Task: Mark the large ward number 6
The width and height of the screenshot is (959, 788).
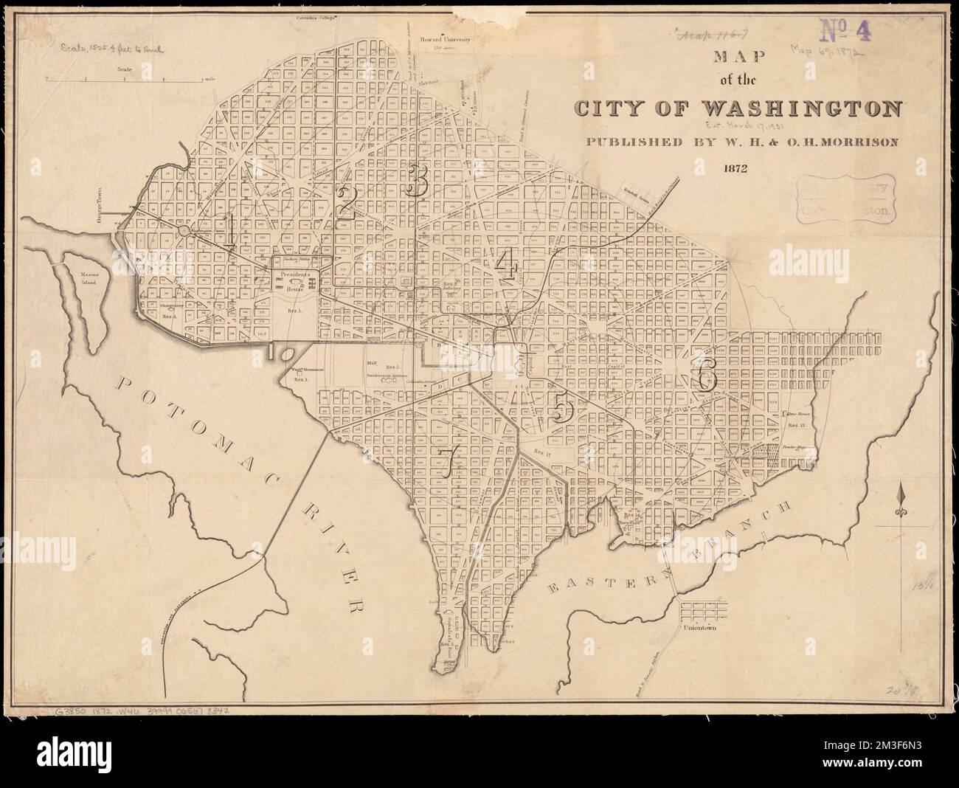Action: click(x=704, y=376)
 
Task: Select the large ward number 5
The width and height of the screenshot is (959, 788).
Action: click(x=563, y=407)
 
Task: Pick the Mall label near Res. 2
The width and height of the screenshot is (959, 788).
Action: click(x=371, y=365)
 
